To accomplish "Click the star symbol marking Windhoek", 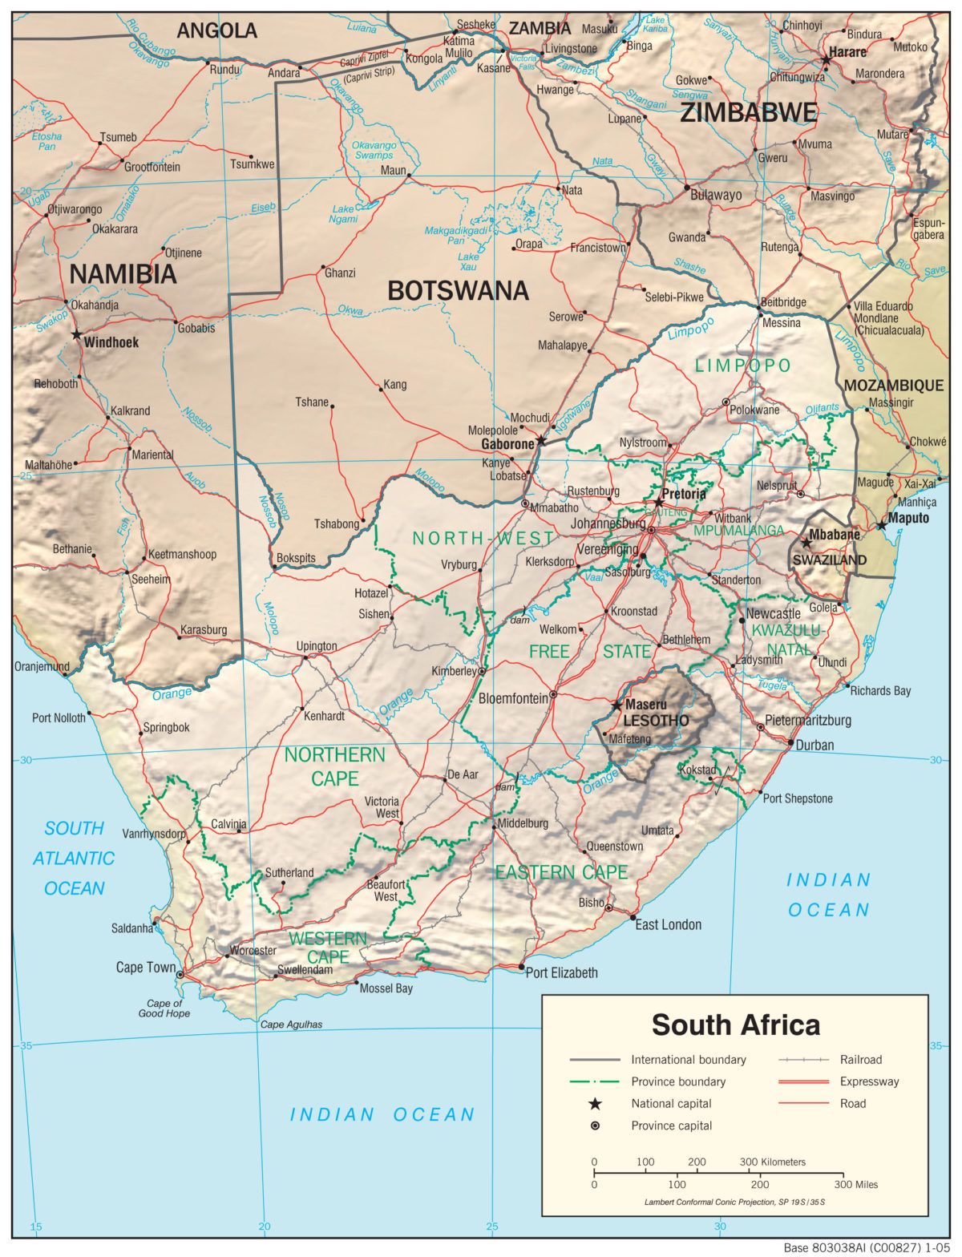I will coord(77,334).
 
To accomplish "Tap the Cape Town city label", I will coord(145,968).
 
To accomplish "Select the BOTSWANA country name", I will coord(458,291).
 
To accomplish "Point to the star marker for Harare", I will coord(826,60).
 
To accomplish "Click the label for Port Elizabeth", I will coord(561,972).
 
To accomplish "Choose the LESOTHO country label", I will coord(656,720).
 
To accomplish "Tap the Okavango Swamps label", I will coord(374,150).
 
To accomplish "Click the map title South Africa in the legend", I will coord(735,1025).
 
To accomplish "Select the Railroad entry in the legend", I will coord(860,1060).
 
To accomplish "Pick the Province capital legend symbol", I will coord(595,1126).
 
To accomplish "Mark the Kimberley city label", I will coord(454,671).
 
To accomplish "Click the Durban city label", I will coord(814,745).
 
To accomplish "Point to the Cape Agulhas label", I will coord(291,1025).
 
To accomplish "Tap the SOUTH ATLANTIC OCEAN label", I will coord(74,858).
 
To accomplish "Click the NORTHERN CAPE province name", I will coord(334,766).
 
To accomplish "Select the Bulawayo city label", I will coord(716,195).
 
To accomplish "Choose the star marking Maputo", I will coord(881,525).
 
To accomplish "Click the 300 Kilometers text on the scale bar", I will coord(772,1162).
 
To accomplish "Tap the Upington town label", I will coord(317,646).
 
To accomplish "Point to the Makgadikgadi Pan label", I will coord(456,235).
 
